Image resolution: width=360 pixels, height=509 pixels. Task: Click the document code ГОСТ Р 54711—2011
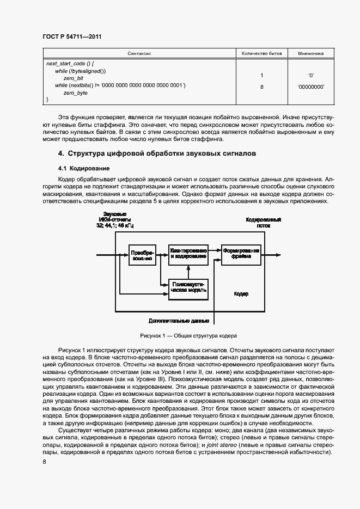[72, 36]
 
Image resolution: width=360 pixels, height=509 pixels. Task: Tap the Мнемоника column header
[310, 54]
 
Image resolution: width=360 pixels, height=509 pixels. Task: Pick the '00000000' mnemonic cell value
[310, 86]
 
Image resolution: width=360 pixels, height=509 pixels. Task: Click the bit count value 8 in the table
[262, 86]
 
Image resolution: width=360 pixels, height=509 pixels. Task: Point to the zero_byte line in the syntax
[76, 93]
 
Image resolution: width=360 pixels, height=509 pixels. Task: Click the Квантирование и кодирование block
[188, 254]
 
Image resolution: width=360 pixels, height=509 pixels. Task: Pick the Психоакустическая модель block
[188, 287]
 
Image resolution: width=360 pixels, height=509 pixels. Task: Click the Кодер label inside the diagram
[241, 293]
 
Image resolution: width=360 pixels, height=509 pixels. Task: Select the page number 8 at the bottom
[45, 462]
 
